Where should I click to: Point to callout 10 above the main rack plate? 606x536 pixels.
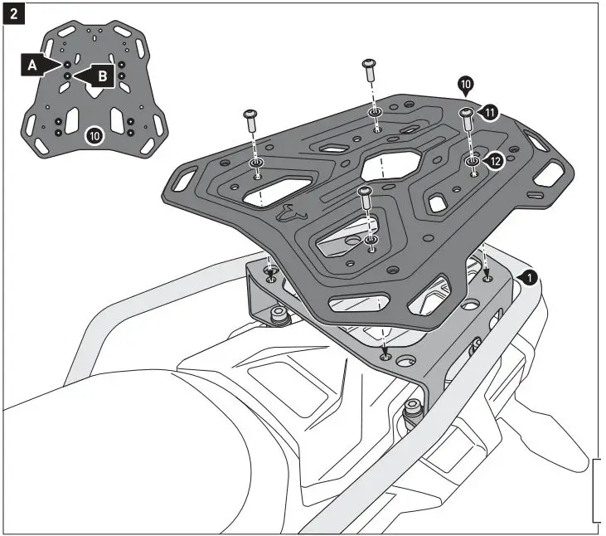coord(465,85)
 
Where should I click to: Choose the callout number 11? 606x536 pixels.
coord(489,112)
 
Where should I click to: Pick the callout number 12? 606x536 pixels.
coord(494,161)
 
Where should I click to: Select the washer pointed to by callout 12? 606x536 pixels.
coord(472,159)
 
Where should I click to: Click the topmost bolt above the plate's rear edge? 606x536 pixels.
coord(371,71)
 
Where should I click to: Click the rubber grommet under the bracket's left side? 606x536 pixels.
coord(277,314)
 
